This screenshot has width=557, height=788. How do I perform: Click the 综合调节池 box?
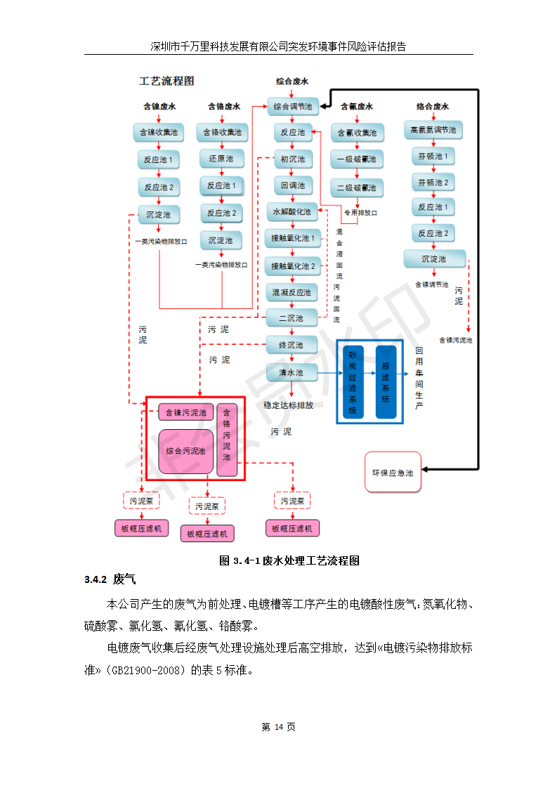pyautogui.click(x=292, y=107)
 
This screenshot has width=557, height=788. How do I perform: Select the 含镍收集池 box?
pyautogui.click(x=159, y=132)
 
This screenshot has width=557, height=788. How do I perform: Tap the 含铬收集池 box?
pyautogui.click(x=222, y=132)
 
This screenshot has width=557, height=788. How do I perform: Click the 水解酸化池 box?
pyautogui.click(x=292, y=211)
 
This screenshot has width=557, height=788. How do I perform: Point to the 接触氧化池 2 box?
pyautogui.click(x=293, y=265)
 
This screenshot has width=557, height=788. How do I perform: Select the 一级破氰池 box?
pyautogui.click(x=356, y=159)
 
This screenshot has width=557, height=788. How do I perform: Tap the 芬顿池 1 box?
pyautogui.click(x=433, y=156)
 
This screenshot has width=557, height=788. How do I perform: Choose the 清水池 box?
pyautogui.click(x=291, y=372)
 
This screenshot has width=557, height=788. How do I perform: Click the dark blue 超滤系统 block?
pyautogui.click(x=386, y=382)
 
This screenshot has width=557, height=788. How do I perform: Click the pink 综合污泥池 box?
pyautogui.click(x=185, y=451)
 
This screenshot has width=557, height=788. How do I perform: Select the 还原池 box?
pyautogui.click(x=222, y=158)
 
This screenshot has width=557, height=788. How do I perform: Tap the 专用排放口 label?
pyautogui.click(x=360, y=213)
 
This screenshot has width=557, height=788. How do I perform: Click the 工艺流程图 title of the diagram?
pyautogui.click(x=166, y=81)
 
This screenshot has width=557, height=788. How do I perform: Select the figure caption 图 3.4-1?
pyautogui.click(x=289, y=560)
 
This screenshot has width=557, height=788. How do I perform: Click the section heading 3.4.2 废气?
pyautogui.click(x=110, y=580)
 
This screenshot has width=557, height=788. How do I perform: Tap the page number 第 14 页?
pyautogui.click(x=278, y=727)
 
